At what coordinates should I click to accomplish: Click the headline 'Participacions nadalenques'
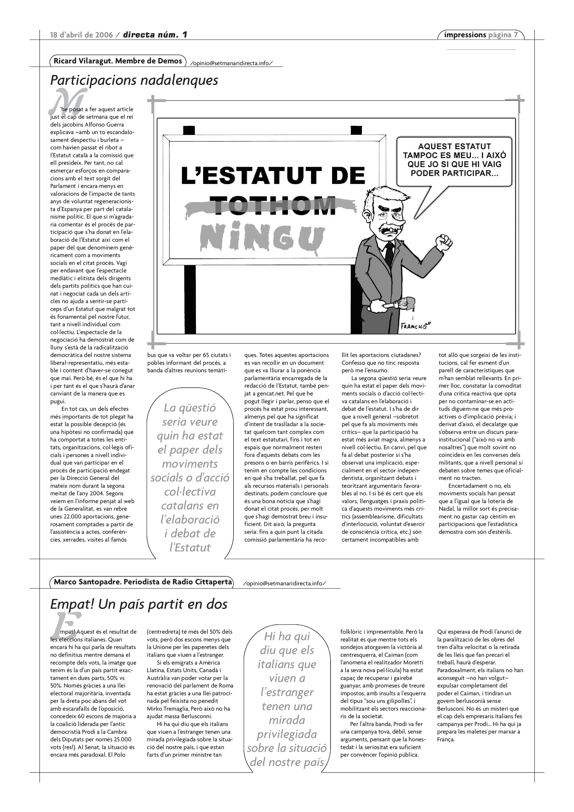(134, 80)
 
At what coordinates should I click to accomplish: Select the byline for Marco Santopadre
(143, 582)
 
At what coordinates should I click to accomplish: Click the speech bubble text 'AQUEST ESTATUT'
(454, 146)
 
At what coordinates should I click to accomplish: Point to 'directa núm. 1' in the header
(155, 35)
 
